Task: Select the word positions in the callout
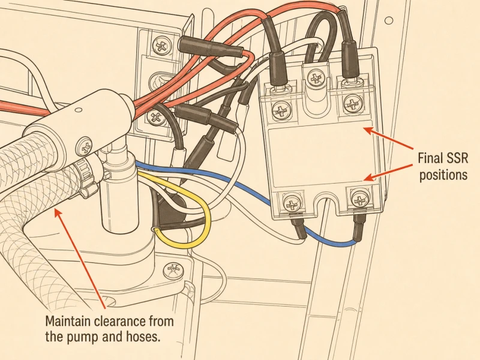coord(443,175)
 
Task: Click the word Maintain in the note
coord(68,322)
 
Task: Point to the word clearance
coord(119,322)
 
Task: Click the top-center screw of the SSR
coord(315,78)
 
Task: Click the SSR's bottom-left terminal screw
coord(291,203)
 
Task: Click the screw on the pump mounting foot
coord(173,271)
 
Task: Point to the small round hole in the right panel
coord(388,21)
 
